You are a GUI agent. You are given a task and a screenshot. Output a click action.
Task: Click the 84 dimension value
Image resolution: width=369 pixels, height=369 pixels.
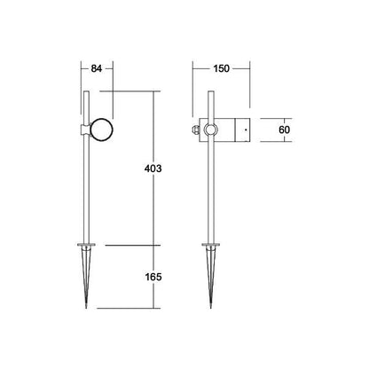tap(97, 68)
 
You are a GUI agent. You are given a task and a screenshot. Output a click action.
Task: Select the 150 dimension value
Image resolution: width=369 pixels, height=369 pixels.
tap(221, 68)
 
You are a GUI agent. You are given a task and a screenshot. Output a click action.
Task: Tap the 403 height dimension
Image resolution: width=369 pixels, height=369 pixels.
tap(153, 169)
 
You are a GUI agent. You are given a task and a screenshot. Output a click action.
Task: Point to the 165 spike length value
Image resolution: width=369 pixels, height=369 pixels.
tap(153, 277)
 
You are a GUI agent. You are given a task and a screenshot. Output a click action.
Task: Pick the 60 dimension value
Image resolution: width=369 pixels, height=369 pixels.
tap(285, 130)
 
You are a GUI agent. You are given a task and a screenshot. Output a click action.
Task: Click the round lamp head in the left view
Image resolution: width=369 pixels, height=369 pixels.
tap(101, 130)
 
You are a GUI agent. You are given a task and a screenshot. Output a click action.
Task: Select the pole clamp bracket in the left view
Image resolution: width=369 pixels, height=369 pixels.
tap(85, 130)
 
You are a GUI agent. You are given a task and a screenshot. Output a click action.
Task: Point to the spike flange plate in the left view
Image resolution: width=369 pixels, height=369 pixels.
tap(86, 245)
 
